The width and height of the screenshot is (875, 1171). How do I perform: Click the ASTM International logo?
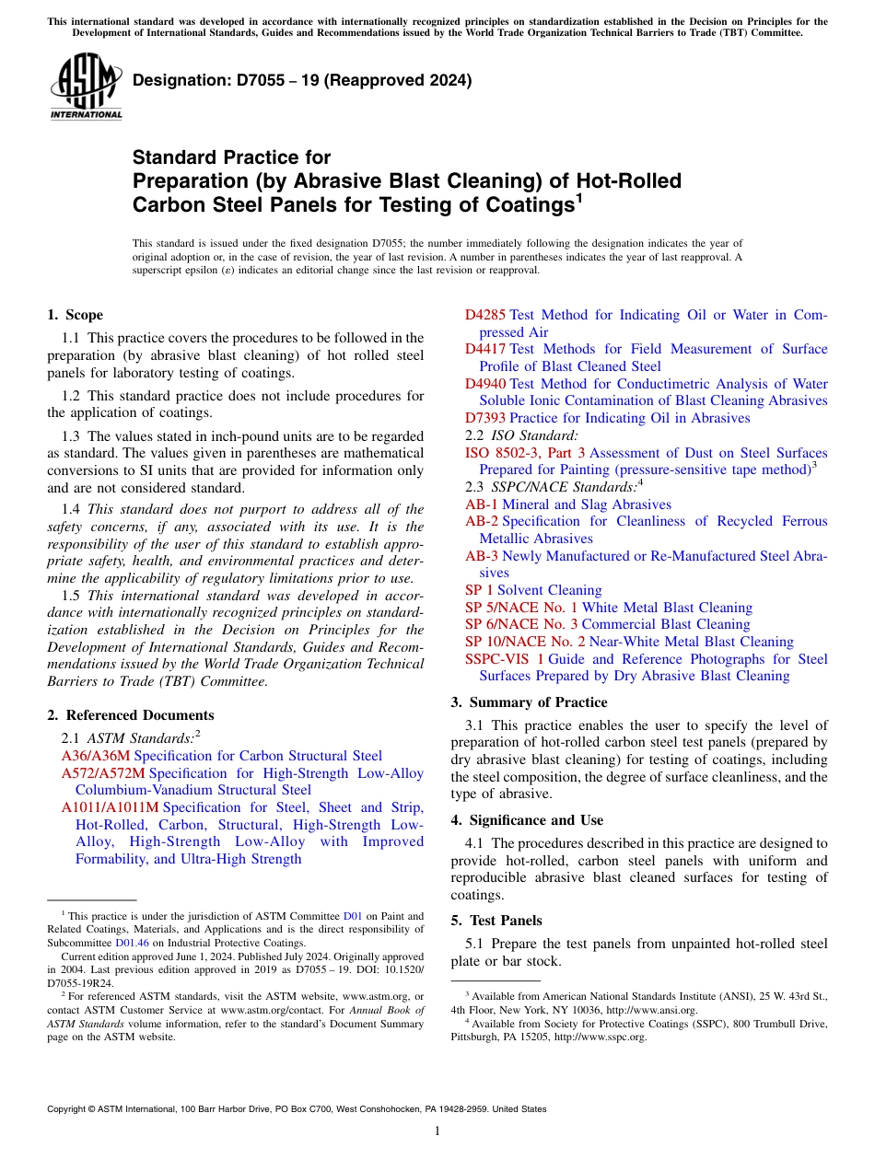coord(86,87)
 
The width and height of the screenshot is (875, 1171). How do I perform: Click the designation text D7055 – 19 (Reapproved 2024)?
coord(302,80)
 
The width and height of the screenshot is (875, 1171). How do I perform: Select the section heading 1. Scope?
coord(75,315)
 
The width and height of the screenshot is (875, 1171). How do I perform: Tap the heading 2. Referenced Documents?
coord(130,715)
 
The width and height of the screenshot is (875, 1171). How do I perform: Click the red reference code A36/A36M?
coord(96,756)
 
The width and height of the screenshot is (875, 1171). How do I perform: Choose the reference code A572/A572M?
coord(103,773)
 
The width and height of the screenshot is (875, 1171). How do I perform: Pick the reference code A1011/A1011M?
coord(110,807)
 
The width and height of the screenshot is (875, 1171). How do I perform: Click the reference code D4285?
coord(485,315)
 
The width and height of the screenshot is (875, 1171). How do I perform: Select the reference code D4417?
coord(485,349)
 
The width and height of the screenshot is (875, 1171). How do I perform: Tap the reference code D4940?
coord(485,384)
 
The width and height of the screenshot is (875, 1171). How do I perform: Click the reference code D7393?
coord(485,418)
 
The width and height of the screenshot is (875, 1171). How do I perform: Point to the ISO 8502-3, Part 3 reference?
coord(525,453)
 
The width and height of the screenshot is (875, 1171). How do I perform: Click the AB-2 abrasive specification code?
coord(482,521)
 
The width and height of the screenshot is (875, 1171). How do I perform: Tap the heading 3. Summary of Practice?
coord(529,702)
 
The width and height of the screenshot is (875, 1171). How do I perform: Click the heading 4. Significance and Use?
coord(527,820)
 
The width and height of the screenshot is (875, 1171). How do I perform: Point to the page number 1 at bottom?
coord(437,1131)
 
